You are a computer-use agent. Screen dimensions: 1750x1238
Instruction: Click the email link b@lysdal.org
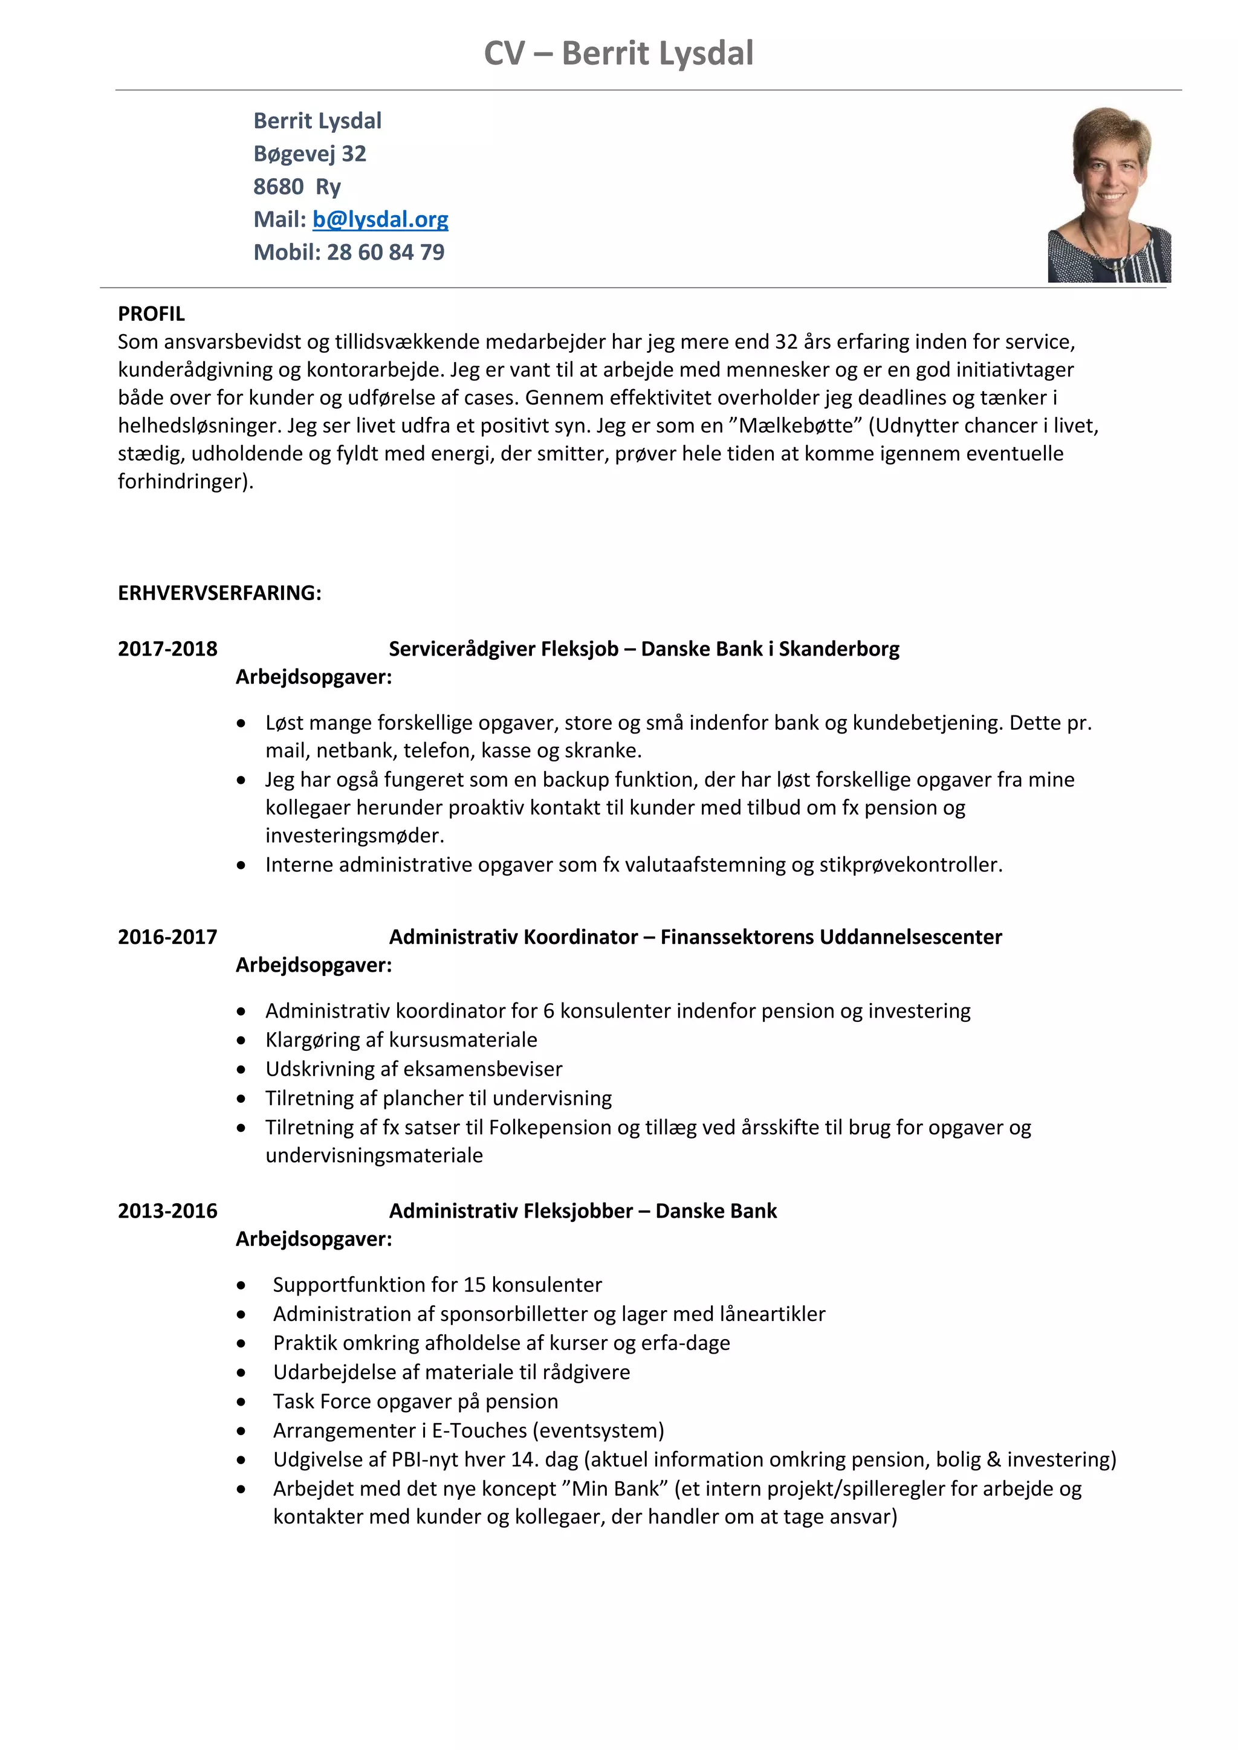[380, 219]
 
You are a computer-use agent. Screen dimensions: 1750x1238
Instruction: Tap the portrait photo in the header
[1109, 195]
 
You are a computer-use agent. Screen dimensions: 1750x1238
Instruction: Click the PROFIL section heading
[151, 314]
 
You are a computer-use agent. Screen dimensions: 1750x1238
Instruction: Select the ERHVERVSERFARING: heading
[219, 593]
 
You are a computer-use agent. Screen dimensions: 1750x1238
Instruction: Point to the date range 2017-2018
[167, 650]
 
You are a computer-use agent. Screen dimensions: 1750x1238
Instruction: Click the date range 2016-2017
[167, 937]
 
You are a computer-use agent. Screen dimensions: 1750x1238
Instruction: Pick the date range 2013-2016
[167, 1211]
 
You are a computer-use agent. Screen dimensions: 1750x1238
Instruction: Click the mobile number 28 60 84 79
[385, 252]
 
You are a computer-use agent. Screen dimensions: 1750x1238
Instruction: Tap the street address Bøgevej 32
[309, 154]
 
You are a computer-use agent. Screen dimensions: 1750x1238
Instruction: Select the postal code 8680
[278, 187]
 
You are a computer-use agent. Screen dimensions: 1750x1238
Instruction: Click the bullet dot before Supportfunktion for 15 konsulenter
[242, 1286]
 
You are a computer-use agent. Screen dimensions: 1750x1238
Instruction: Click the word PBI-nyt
[426, 1459]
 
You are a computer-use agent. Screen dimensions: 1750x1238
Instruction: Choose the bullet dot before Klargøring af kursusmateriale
[242, 1041]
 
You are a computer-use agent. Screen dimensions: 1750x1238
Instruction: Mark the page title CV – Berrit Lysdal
[618, 53]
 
